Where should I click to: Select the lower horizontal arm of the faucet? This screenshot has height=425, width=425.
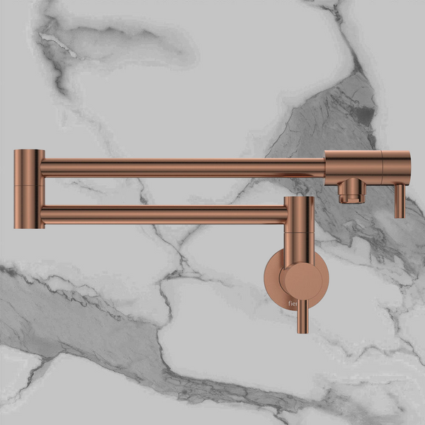163,213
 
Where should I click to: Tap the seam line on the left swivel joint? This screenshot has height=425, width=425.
29,185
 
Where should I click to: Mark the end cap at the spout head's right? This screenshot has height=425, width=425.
397,168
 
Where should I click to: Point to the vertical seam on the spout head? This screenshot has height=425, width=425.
382,168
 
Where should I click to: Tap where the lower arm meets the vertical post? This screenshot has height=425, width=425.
286,213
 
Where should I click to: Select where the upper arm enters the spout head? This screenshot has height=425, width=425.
325,168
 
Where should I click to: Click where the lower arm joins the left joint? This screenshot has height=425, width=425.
44,213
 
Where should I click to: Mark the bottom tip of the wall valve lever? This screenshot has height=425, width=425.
302,330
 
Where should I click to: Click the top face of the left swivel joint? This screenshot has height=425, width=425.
29,151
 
